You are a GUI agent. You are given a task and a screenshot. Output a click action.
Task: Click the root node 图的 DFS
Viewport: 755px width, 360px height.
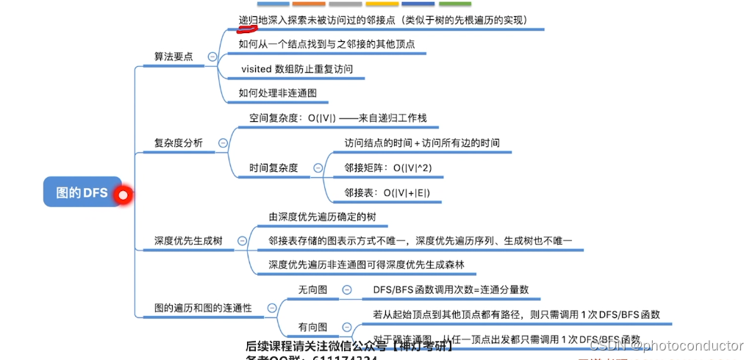click(82, 193)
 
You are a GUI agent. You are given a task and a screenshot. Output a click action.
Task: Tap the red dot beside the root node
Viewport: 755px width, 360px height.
click(123, 195)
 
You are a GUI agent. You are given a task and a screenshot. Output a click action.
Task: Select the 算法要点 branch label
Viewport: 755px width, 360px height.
click(173, 57)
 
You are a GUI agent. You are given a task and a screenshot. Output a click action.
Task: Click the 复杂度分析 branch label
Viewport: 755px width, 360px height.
click(178, 143)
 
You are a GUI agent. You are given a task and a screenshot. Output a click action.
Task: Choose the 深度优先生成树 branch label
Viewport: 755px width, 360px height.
click(188, 240)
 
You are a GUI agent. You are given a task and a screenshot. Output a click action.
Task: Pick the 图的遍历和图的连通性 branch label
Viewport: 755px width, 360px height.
click(203, 309)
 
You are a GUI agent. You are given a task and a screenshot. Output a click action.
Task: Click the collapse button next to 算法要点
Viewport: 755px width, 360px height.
click(212, 57)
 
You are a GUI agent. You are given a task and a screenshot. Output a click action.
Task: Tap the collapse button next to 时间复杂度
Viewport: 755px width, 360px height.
click(318, 168)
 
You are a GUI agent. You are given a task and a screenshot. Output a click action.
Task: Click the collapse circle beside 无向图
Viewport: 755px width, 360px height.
click(347, 290)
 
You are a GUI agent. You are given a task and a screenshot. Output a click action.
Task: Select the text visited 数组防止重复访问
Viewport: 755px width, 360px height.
click(297, 69)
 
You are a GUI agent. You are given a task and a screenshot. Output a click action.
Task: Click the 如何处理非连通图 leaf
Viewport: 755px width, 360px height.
click(277, 93)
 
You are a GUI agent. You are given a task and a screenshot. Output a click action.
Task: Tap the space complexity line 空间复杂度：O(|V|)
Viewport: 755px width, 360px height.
click(337, 118)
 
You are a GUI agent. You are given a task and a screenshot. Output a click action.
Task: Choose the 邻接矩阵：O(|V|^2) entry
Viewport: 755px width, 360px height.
click(387, 168)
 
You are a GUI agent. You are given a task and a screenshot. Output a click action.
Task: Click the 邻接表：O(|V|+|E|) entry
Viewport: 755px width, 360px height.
click(387, 192)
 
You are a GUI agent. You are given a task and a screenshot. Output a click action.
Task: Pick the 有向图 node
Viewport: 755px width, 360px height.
click(312, 327)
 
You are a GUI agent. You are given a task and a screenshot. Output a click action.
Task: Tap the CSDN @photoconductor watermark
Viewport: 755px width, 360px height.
click(666, 345)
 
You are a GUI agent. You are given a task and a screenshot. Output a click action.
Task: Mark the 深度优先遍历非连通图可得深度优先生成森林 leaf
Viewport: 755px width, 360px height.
click(367, 264)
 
